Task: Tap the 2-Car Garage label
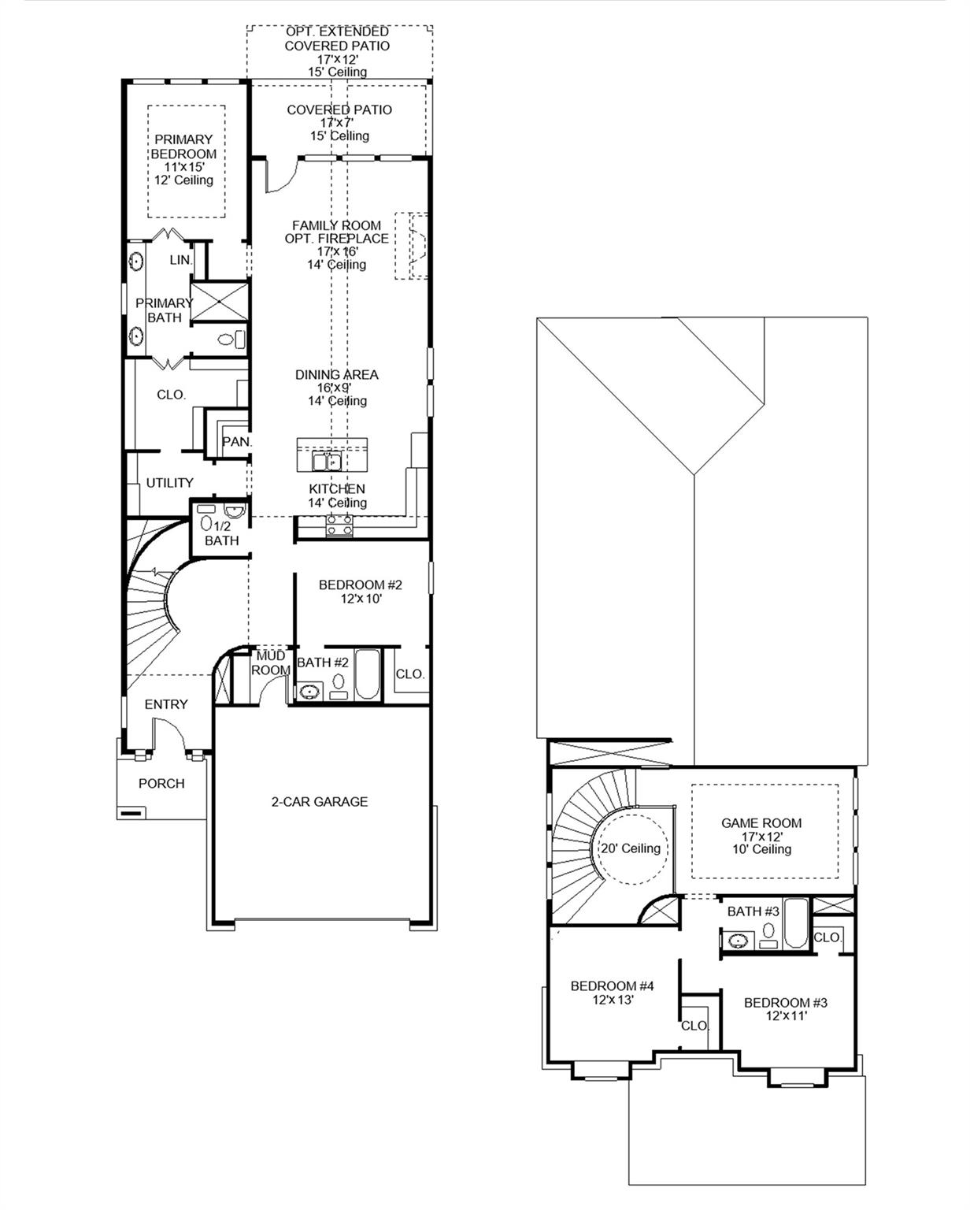(x=319, y=802)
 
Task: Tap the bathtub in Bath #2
(x=367, y=674)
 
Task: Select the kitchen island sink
(x=326, y=460)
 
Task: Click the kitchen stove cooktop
(x=339, y=525)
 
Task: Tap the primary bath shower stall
(x=220, y=300)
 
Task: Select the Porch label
(x=161, y=784)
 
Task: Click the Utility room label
(x=169, y=483)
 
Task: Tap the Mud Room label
(x=270, y=663)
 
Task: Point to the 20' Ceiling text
(x=631, y=848)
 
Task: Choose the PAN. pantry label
(x=235, y=443)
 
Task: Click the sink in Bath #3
(x=739, y=940)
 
